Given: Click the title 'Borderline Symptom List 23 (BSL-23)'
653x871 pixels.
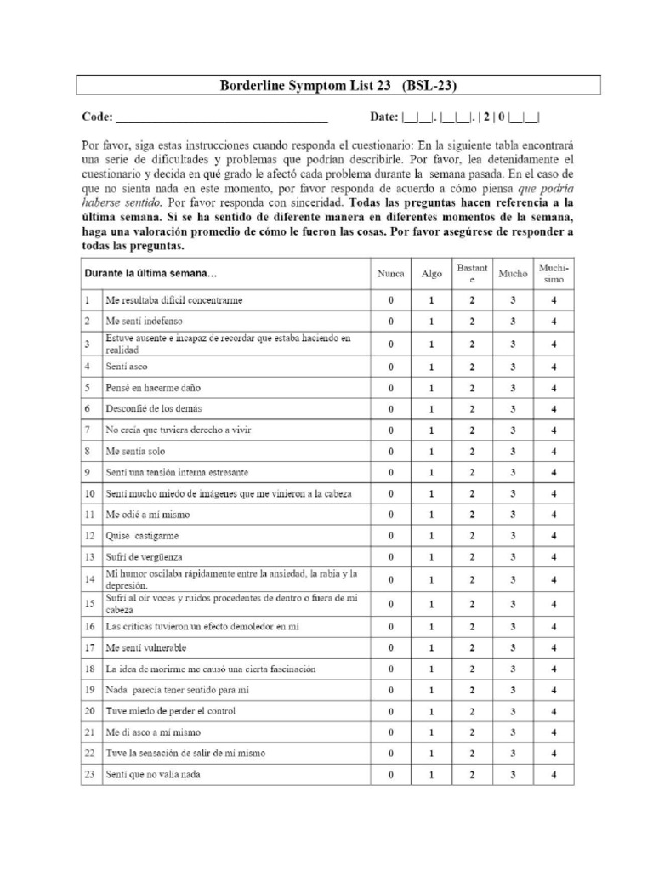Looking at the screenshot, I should point(338,85).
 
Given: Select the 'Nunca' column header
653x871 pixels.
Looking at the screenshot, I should point(391,274).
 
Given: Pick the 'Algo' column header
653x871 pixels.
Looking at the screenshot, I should point(431,274).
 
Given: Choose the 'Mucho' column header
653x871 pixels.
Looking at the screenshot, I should point(513,274).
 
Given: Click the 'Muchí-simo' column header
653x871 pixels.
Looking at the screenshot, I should point(554,274).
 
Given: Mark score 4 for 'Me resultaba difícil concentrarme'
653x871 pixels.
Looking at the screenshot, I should point(554,300).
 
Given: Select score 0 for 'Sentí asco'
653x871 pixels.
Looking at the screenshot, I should point(391,366).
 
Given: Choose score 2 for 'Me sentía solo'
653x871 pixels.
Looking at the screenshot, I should point(472,451).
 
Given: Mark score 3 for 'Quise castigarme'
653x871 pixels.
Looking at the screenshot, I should point(513,536).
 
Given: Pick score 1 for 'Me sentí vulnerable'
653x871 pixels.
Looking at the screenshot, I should point(431,647).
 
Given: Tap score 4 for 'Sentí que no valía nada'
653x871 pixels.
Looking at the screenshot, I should point(554,775).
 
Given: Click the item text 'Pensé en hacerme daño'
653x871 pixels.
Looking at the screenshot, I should point(153,387).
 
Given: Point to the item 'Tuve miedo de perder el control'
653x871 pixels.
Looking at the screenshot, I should point(170,711).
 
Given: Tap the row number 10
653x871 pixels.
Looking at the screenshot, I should point(89,493).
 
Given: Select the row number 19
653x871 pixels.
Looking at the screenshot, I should point(89,690).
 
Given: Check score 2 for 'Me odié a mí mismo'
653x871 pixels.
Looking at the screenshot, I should point(472,515).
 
